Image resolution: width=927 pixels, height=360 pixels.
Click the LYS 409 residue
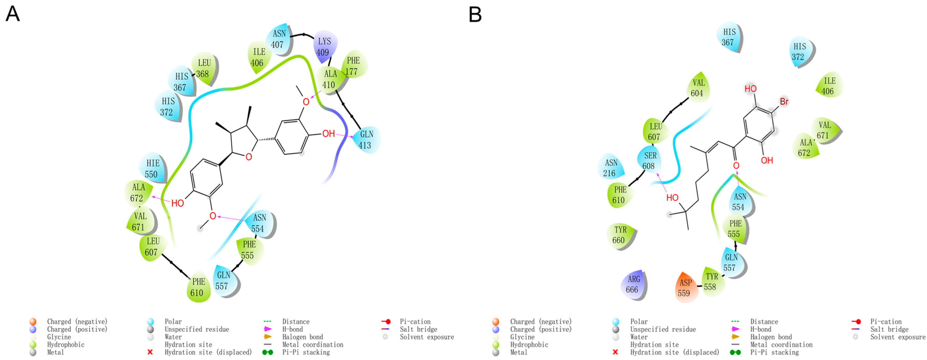[324, 47]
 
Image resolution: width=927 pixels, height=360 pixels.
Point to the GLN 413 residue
[366, 140]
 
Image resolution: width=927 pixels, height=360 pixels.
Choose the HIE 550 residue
[152, 168]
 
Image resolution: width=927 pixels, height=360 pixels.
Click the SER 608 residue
[649, 161]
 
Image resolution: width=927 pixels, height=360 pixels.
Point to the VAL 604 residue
[698, 88]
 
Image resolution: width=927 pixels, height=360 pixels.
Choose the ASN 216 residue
[611, 168]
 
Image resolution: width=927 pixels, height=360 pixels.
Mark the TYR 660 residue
[620, 235]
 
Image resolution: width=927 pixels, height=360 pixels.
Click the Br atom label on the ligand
[784, 101]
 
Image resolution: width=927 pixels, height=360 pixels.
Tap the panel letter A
[13, 14]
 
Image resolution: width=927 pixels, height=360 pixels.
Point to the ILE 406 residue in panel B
[829, 86]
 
